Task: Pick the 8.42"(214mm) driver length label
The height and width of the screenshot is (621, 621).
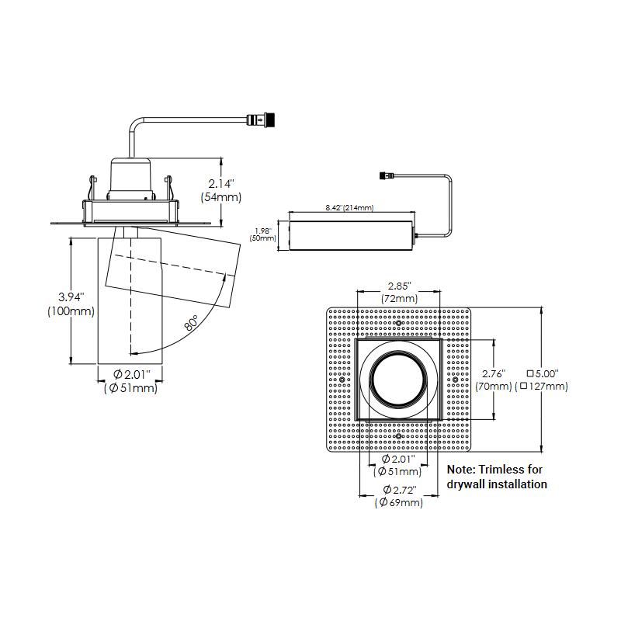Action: (349, 208)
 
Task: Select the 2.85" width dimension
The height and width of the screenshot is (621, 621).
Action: (399, 286)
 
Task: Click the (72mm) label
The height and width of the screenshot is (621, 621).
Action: (399, 299)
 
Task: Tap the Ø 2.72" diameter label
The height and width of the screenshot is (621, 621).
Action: (399, 490)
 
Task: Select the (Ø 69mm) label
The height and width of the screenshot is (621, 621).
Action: (399, 503)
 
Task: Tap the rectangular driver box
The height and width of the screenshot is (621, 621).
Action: (351, 234)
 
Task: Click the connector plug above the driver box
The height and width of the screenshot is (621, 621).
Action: (386, 175)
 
